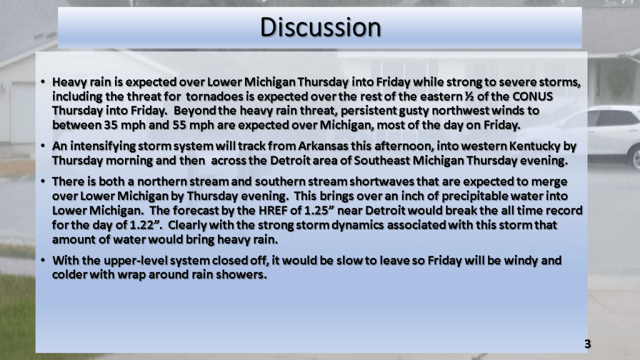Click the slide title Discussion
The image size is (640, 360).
[321, 27]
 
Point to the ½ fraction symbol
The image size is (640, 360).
[469, 96]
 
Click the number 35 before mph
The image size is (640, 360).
[111, 125]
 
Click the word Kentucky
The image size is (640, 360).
[535, 146]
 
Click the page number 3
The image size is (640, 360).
[587, 344]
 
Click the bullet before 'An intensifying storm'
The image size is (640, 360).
[43, 146]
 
